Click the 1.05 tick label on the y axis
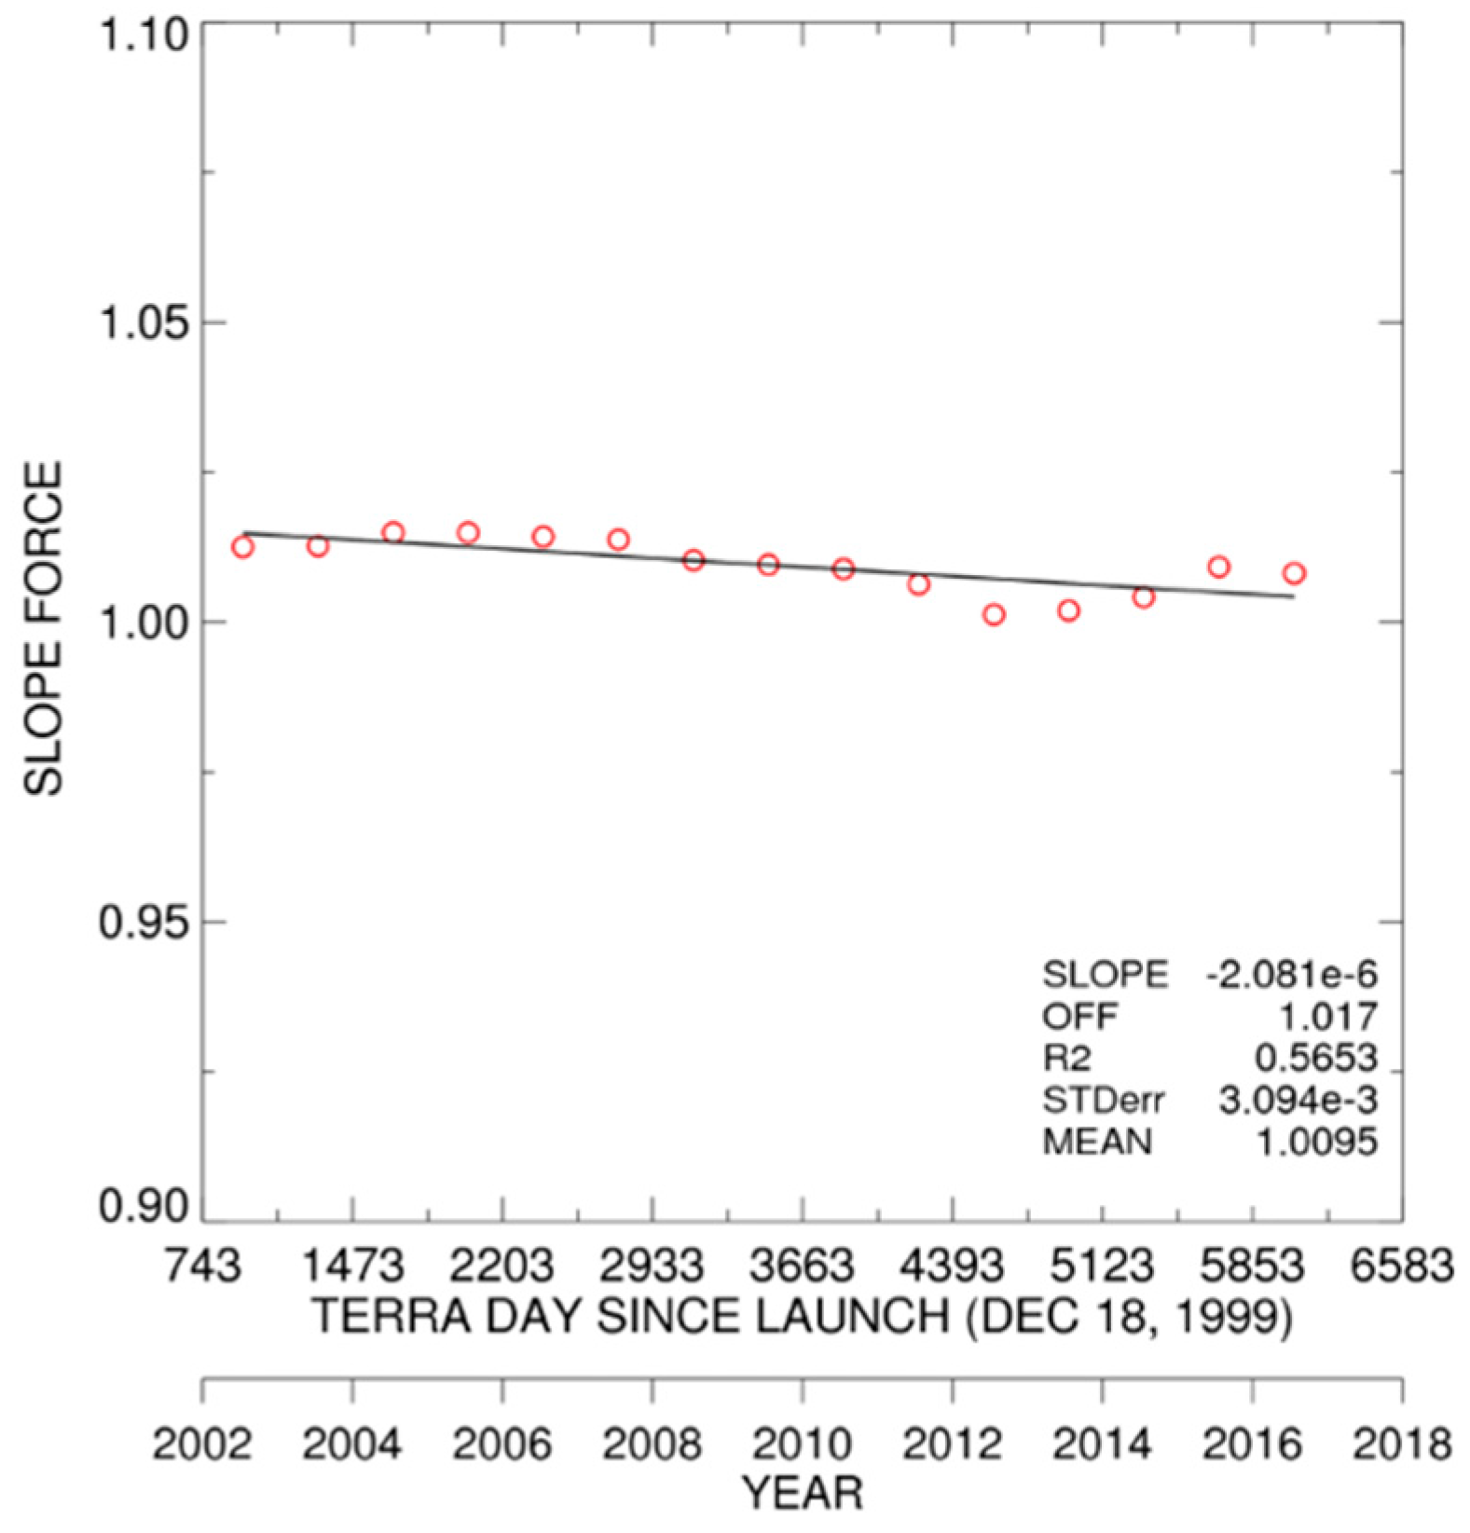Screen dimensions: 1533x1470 (x=144, y=322)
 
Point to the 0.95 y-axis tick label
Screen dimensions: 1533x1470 (x=144, y=922)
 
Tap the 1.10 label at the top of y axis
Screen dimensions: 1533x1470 (x=144, y=35)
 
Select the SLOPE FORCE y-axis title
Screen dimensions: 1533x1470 (x=43, y=628)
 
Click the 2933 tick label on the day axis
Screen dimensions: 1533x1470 (x=653, y=1266)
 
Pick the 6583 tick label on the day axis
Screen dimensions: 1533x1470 (x=1402, y=1266)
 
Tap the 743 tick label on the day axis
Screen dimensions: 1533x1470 (x=202, y=1266)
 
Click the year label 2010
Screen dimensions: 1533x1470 (x=802, y=1444)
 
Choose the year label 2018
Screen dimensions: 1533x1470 (x=1402, y=1444)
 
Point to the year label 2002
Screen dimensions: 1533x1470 (x=202, y=1444)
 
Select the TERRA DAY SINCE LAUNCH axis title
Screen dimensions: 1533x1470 (x=802, y=1317)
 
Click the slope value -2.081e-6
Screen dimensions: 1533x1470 (x=1291, y=975)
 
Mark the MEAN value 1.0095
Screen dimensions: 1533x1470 (x=1315, y=1142)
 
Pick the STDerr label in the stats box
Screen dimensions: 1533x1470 (x=1103, y=1101)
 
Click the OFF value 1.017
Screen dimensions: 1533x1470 (x=1326, y=1016)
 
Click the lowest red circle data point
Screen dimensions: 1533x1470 (x=994, y=614)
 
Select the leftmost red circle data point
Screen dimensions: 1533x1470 (x=243, y=547)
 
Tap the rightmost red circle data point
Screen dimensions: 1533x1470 (x=1294, y=573)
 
